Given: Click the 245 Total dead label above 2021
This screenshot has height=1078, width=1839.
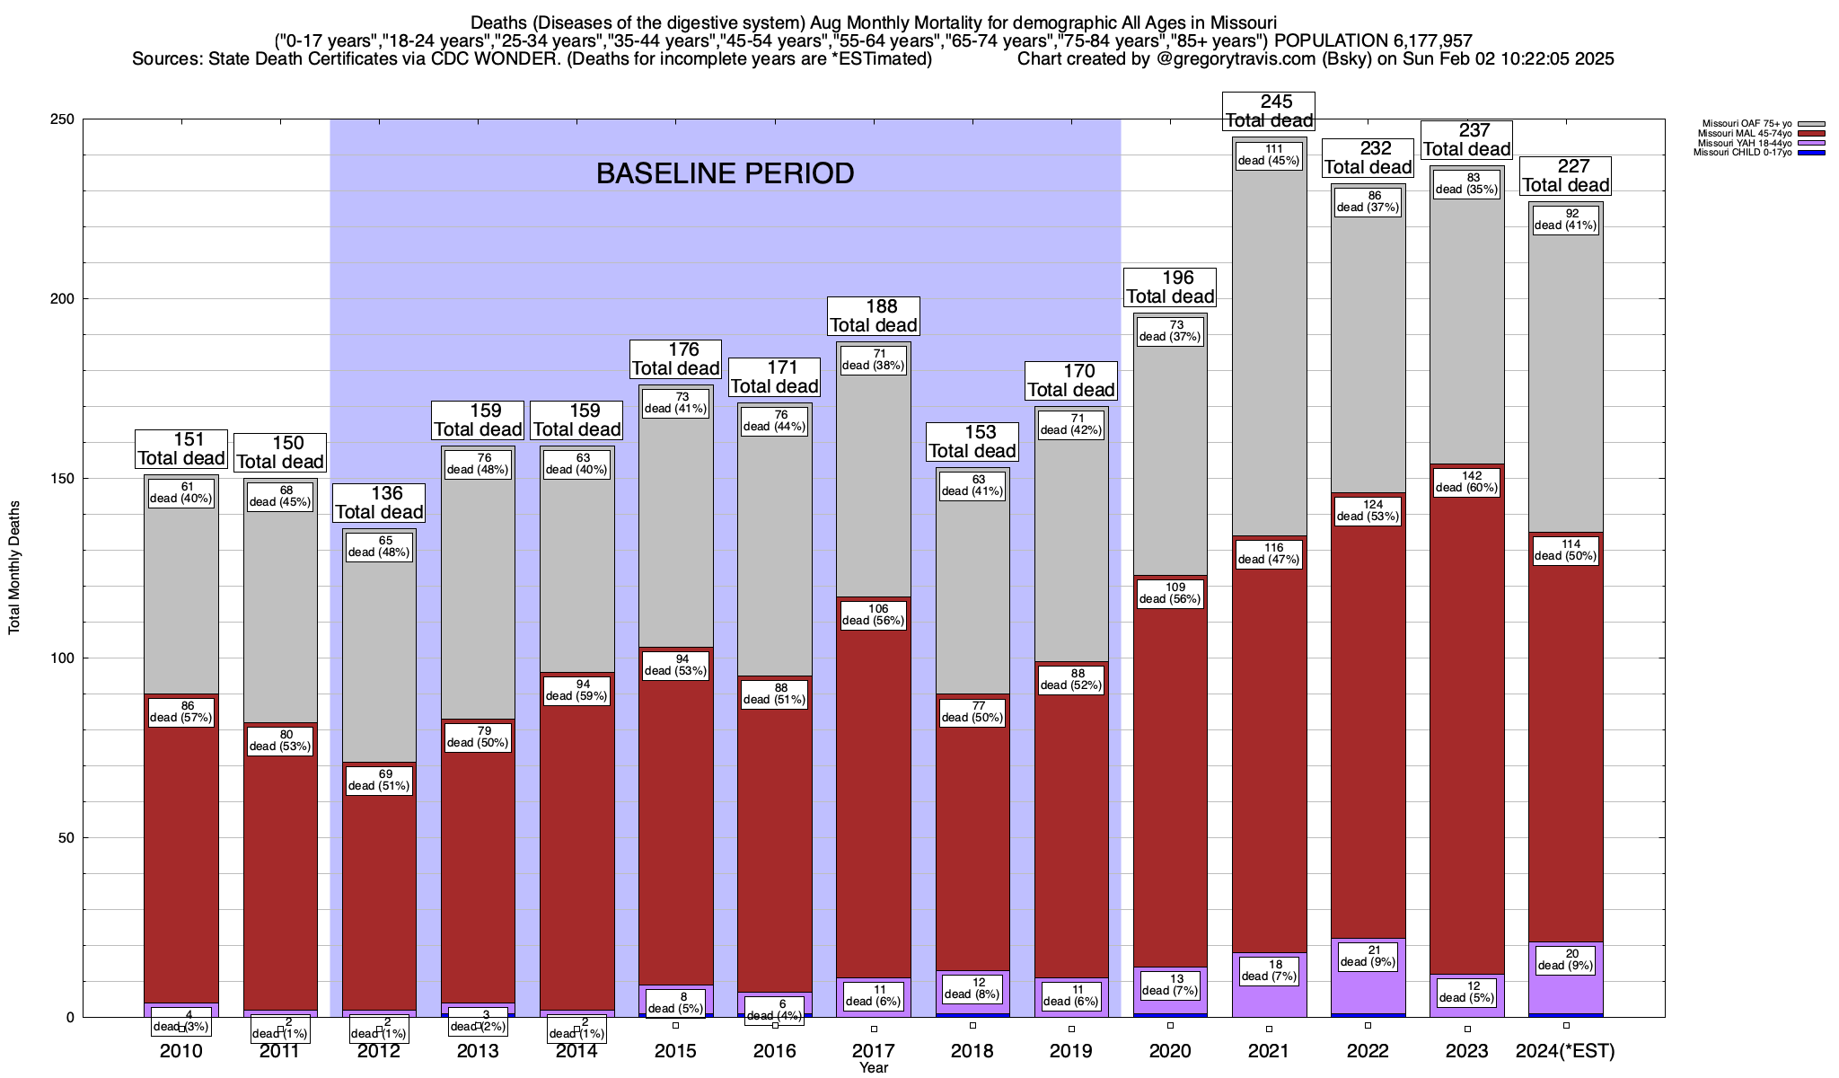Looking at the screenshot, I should pos(1269,111).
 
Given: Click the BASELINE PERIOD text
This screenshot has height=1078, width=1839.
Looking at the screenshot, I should pos(725,173).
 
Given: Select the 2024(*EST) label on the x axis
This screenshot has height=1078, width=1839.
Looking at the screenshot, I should pos(1565,1051).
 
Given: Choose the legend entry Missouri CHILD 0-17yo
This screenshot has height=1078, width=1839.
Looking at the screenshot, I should pos(1742,153).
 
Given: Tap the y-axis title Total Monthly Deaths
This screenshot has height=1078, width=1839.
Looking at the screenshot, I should pos(14,568).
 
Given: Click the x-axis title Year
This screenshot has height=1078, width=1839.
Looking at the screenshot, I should pos(873,1068).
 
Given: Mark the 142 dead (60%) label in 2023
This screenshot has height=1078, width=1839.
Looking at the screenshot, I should pos(1466,482).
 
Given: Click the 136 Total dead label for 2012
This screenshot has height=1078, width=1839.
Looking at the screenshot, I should pos(379,503).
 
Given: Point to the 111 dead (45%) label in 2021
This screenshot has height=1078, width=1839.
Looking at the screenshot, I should pos(1269,155).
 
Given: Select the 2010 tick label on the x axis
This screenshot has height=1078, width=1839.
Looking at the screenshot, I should pos(181,1051).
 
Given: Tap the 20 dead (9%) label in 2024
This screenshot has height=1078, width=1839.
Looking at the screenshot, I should pos(1566,960).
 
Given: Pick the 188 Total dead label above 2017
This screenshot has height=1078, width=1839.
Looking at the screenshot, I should pos(874,316).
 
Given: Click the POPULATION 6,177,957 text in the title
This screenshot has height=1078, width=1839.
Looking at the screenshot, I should pos(1373,40).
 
